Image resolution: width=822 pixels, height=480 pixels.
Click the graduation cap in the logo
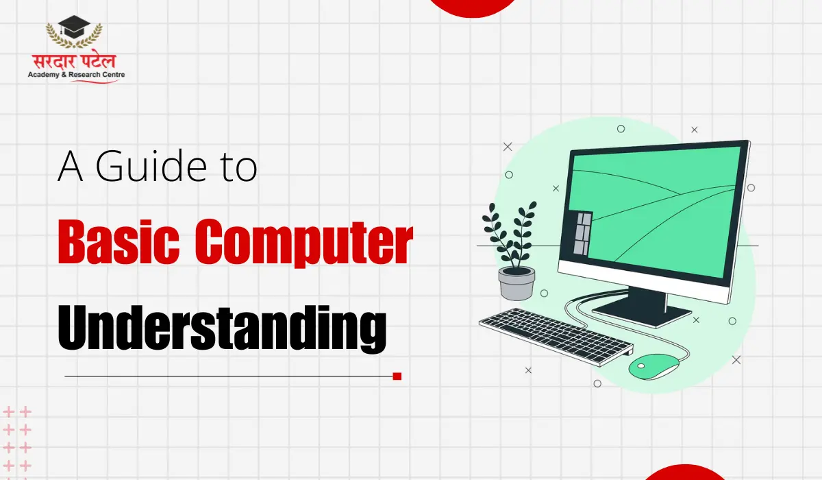coord(74,27)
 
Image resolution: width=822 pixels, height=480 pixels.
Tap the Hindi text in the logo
coord(74,61)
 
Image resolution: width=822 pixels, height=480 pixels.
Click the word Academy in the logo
coord(43,75)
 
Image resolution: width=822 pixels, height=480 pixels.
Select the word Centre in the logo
coord(113,75)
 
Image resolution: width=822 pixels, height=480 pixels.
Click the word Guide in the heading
coord(151,166)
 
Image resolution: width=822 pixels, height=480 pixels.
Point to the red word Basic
coord(119,241)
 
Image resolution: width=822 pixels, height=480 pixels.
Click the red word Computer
coord(304,243)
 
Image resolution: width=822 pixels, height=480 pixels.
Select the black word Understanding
coord(222,328)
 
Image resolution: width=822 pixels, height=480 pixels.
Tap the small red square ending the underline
coord(397,376)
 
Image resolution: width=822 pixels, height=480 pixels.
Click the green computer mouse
coord(653,367)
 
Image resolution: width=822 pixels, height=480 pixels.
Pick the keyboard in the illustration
coord(556,337)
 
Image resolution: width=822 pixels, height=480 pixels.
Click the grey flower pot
coord(516,283)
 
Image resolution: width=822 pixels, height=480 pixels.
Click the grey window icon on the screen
coord(583,234)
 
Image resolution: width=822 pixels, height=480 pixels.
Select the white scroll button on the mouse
coord(640,366)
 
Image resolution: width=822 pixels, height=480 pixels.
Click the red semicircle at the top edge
coord(472,8)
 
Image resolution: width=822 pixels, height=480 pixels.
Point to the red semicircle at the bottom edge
coord(684,472)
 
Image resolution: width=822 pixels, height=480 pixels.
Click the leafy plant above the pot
coord(510,235)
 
